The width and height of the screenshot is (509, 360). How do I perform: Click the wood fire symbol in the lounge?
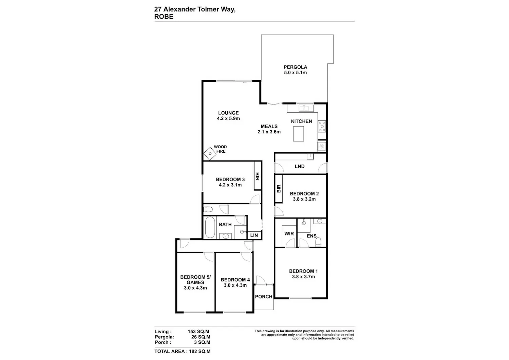[210, 154]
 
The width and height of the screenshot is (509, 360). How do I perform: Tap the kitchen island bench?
[298, 134]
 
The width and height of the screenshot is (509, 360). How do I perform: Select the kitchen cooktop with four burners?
[322, 126]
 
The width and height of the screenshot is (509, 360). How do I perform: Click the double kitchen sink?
[306, 108]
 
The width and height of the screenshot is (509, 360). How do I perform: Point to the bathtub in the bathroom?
[210, 227]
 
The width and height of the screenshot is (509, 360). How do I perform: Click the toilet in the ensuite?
[318, 242]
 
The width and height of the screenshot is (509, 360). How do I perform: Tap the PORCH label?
[264, 297]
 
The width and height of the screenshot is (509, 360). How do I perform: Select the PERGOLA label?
[296, 67]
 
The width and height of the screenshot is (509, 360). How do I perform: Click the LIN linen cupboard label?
[254, 235]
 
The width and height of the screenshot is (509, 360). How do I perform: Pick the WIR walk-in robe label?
[289, 234]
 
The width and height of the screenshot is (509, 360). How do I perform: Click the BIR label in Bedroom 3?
[258, 176]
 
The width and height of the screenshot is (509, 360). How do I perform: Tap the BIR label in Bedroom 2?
[279, 189]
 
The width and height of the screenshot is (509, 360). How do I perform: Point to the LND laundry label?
[300, 166]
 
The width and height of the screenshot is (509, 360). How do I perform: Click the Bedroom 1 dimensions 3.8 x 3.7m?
[303, 277]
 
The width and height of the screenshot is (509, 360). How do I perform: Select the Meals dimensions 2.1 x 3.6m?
[269, 132]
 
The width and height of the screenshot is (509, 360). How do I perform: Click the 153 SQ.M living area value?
[199, 331]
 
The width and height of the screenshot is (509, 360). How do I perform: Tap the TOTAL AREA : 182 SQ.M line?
[183, 352]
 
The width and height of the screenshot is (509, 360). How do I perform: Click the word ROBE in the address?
[164, 17]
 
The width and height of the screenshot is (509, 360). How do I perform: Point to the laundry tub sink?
[310, 157]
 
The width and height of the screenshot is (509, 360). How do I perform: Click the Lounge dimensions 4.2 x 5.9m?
[228, 118]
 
